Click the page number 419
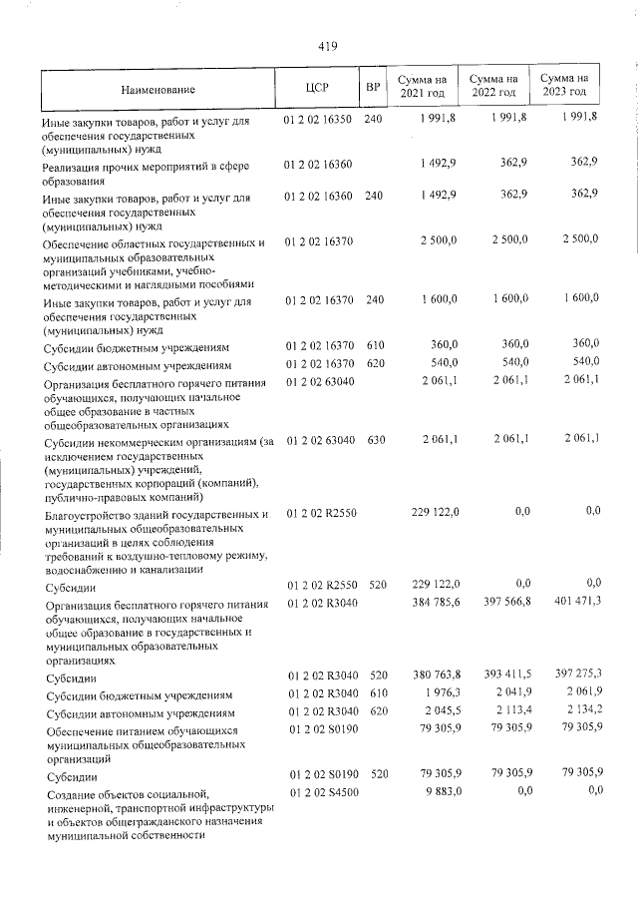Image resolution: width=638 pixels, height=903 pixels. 328,45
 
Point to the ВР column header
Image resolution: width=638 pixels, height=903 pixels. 373,89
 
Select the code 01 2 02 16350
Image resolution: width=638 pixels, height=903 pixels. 318,119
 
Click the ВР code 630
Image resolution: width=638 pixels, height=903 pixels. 374,440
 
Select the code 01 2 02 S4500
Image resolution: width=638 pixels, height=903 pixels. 318,792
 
